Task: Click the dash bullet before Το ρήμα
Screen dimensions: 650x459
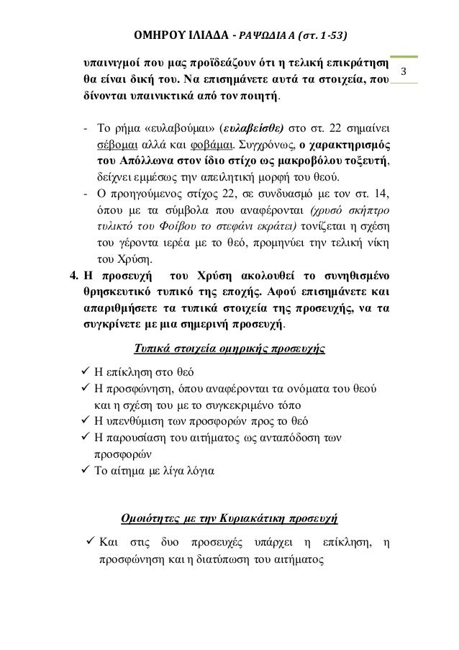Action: pyautogui.click(x=86, y=129)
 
